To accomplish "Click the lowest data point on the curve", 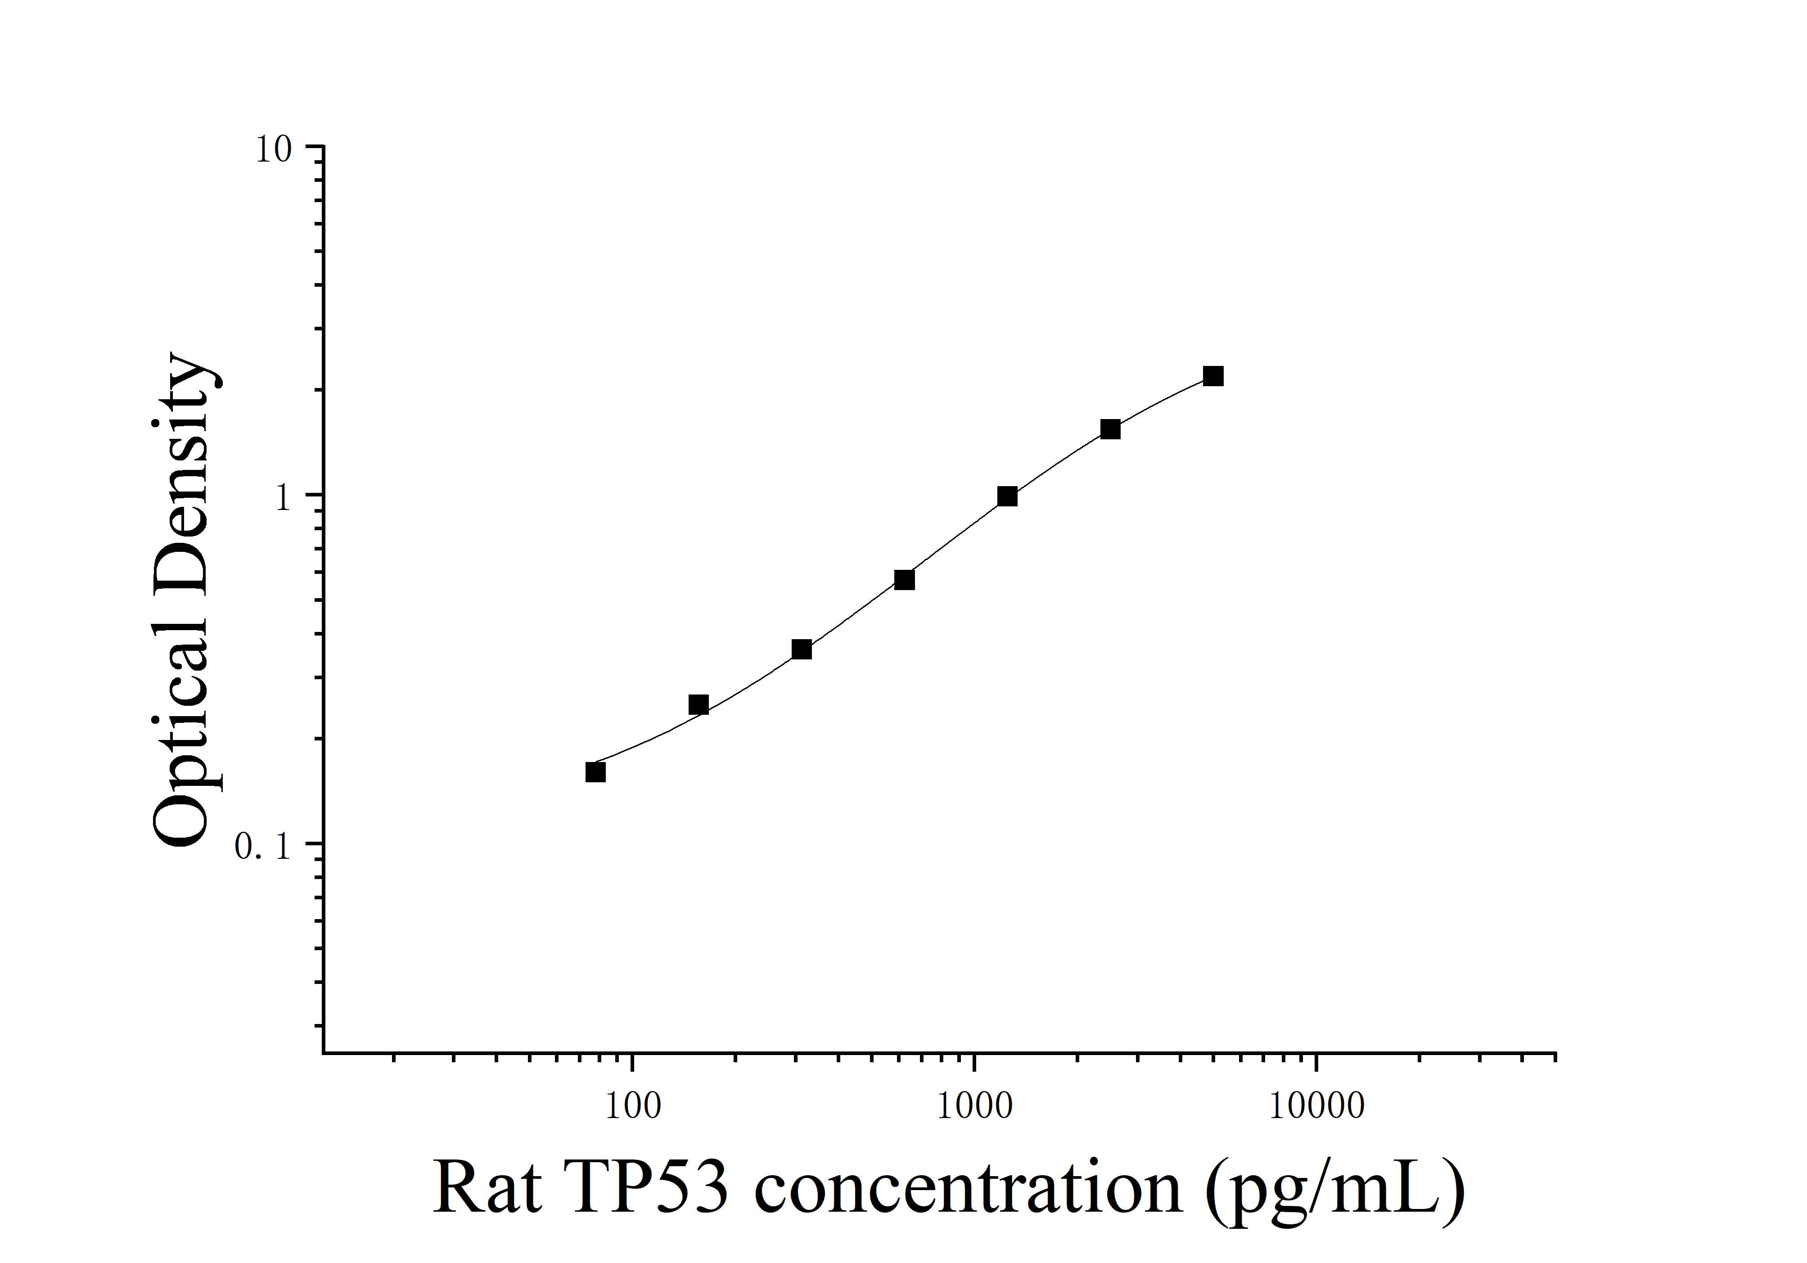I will click(596, 772).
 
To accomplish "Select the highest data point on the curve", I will click(1213, 376).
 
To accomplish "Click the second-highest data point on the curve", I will click(1110, 429).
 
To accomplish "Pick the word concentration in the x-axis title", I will click(968, 1188).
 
